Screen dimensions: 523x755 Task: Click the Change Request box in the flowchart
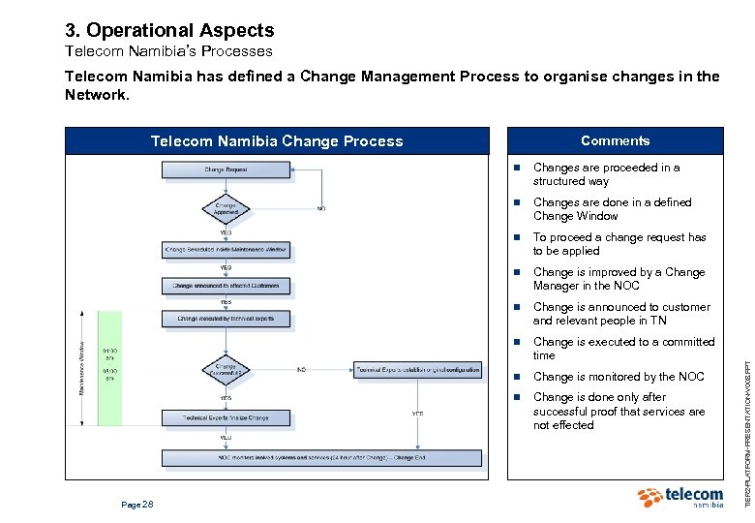coord(226,170)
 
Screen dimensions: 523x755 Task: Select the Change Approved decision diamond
coord(226,208)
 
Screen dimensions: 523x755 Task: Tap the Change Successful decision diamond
coord(226,370)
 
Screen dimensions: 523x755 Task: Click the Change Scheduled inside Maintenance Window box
coord(226,250)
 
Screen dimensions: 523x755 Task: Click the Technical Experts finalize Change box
coord(226,417)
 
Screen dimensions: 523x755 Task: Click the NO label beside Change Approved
coord(320,208)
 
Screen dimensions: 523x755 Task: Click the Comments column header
coord(615,141)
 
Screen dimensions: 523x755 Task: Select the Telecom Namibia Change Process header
coord(277,141)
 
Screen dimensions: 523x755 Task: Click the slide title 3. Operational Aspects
coord(169,31)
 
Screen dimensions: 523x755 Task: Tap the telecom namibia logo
coord(680,498)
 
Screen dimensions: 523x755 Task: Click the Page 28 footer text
coord(136,505)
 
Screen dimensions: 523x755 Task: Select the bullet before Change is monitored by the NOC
coord(518,377)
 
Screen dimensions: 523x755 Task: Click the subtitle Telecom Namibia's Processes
coord(168,51)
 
